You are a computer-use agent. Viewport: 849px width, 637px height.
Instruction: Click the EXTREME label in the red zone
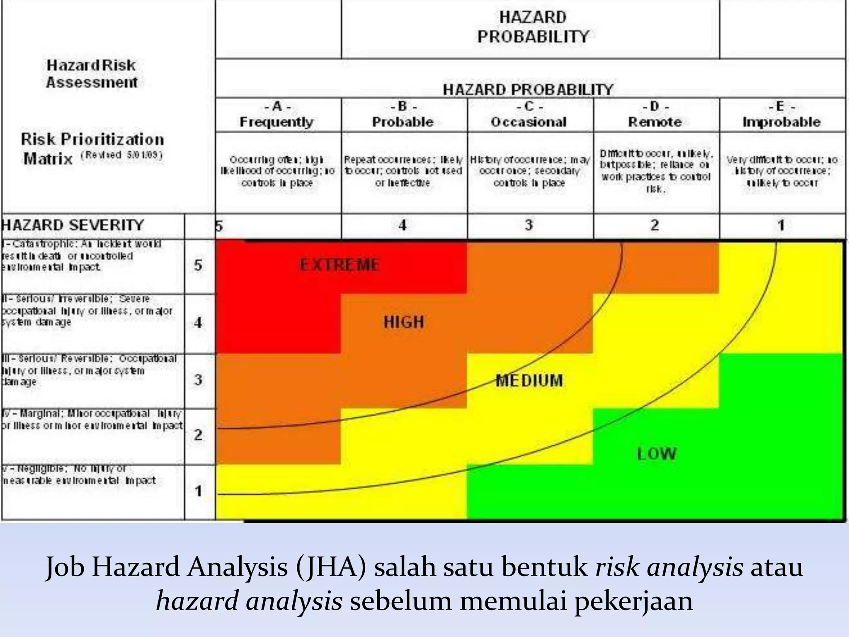click(x=339, y=265)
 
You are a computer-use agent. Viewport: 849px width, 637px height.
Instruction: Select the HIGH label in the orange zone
click(x=404, y=322)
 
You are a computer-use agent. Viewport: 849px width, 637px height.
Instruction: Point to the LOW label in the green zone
click(x=657, y=454)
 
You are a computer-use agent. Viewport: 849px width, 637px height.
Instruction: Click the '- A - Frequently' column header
click(x=277, y=115)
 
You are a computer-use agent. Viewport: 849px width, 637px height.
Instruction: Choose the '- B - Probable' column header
click(x=403, y=115)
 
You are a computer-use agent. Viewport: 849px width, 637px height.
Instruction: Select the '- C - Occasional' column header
click(x=529, y=115)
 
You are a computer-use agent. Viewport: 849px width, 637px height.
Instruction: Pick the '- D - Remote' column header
click(x=655, y=115)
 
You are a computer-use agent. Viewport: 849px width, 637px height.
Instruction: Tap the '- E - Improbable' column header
click(x=781, y=115)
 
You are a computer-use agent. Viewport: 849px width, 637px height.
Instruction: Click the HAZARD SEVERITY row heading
click(x=73, y=225)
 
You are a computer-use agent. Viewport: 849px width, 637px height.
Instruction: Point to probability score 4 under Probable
click(x=403, y=225)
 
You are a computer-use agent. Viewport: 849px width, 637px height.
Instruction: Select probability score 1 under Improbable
click(x=781, y=225)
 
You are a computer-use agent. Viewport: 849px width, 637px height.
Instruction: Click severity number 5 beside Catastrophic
click(x=198, y=265)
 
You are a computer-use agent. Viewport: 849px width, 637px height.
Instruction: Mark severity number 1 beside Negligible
click(x=198, y=491)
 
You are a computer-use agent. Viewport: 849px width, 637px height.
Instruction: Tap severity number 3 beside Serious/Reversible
click(x=198, y=379)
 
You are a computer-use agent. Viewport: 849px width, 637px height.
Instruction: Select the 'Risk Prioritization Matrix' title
click(x=92, y=148)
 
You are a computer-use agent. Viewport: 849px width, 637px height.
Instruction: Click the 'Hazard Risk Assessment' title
click(x=91, y=74)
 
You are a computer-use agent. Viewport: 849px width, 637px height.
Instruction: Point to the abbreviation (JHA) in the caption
click(x=331, y=567)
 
